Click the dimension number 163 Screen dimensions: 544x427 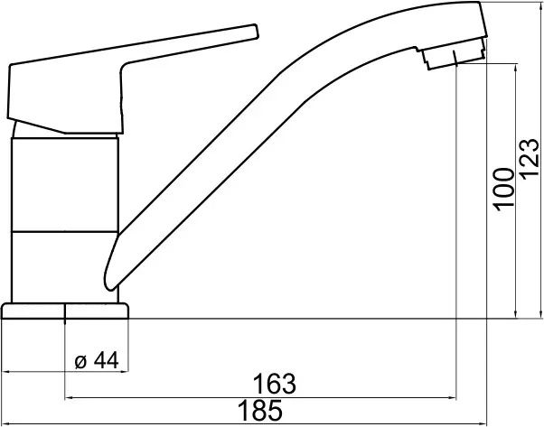[275, 384]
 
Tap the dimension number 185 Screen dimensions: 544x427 [260, 410]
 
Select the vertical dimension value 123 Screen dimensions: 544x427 [530, 159]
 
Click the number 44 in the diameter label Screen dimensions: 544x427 [106, 360]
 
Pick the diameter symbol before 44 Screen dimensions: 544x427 [80, 362]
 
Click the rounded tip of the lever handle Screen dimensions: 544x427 [256, 32]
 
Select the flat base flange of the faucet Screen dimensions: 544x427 [65, 311]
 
